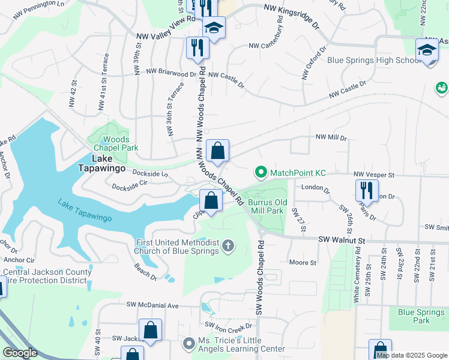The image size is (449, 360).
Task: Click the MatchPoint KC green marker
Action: [261, 173]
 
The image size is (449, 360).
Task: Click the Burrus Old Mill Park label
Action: [266, 207]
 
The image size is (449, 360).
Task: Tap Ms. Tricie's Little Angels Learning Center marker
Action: [187, 343]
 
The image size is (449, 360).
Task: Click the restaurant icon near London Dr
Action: [366, 190]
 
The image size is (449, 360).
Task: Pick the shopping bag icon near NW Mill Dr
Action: [217, 150]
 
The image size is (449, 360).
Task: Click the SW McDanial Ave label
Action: [152, 305]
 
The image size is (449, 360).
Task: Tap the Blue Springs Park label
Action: [423, 316]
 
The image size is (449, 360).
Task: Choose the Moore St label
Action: [303, 262]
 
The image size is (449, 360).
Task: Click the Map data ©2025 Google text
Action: [412, 355]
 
